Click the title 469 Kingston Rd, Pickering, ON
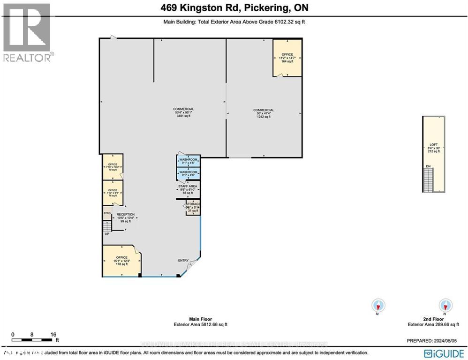234,8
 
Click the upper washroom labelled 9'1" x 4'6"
188,161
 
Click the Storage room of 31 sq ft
193,208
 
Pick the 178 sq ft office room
121,261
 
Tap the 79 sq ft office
112,166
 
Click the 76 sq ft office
112,193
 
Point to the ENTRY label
183,261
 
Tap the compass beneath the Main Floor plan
378,306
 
